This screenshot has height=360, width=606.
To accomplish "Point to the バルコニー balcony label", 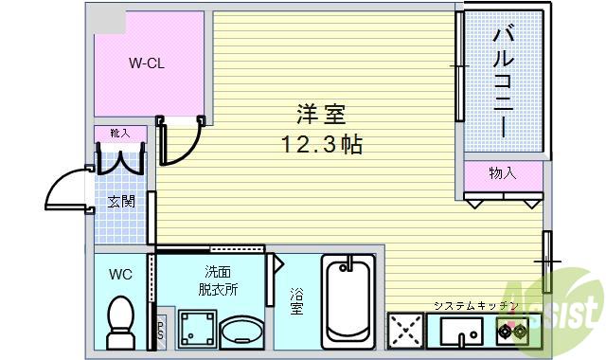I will (x=503, y=81).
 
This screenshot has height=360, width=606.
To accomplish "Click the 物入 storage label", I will (x=503, y=173).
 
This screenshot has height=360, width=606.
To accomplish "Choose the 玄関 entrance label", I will (x=120, y=201).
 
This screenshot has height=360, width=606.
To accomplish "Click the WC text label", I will (x=120, y=275).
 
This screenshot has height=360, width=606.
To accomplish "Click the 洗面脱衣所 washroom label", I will (x=219, y=279).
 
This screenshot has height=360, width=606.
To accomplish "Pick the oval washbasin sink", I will (x=243, y=332).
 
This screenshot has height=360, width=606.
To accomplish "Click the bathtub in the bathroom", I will (x=349, y=302).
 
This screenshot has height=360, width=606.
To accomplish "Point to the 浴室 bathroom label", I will (x=296, y=302).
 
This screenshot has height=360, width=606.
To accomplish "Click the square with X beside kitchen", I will (x=404, y=333).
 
